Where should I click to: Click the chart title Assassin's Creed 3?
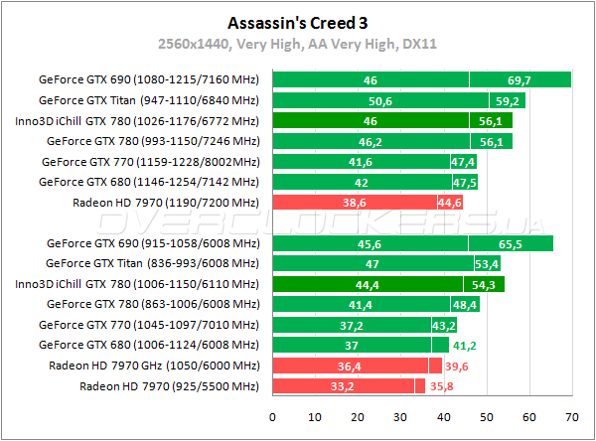pyautogui.click(x=297, y=21)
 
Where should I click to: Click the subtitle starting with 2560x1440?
pyautogui.click(x=297, y=43)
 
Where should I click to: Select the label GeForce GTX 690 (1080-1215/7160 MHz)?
pyautogui.click(x=147, y=79)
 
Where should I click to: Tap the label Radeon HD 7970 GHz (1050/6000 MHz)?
pyautogui.click(x=154, y=366)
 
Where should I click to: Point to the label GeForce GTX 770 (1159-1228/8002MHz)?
pyautogui.click(x=150, y=161)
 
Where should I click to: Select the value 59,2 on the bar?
pyautogui.click(x=507, y=100)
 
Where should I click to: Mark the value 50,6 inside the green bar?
pyautogui.click(x=380, y=100)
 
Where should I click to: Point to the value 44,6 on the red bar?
pyautogui.click(x=450, y=203)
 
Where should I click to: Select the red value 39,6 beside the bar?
pyautogui.click(x=458, y=366)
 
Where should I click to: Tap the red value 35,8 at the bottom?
pyautogui.click(x=442, y=386)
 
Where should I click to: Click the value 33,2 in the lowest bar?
pyautogui.click(x=344, y=386)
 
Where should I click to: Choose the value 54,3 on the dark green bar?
pyautogui.click(x=487, y=284)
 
